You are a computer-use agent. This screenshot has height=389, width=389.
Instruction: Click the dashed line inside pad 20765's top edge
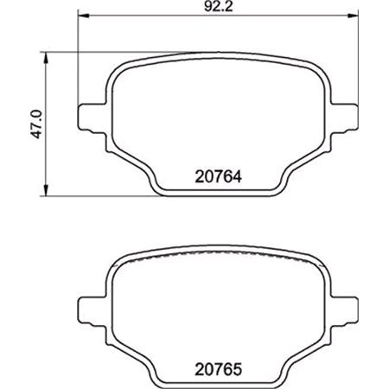pos(216,259)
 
